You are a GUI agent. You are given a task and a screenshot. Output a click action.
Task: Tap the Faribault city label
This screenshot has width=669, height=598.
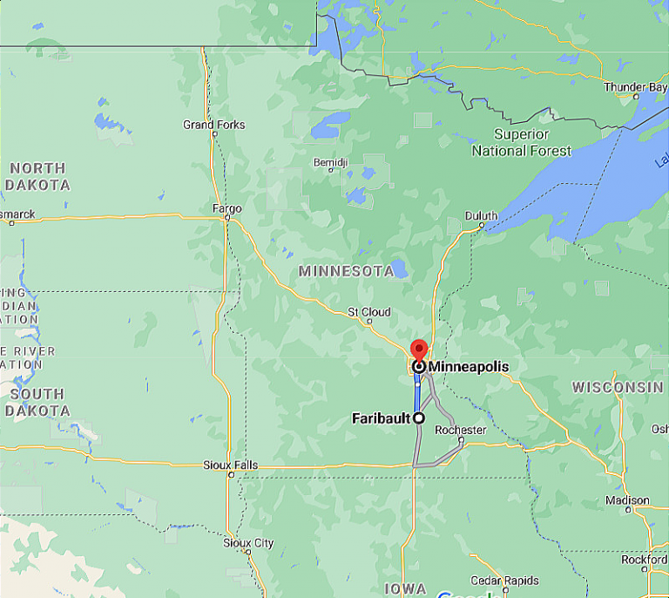coord(381,418)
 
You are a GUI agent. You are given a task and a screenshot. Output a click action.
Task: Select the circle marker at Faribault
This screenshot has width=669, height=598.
coord(419,418)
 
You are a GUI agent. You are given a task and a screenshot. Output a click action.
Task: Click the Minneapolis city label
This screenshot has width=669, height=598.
coord(468,367)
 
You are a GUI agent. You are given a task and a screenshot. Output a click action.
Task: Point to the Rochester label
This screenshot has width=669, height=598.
coord(460,430)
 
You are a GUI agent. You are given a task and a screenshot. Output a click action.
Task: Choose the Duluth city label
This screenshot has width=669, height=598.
coord(481,215)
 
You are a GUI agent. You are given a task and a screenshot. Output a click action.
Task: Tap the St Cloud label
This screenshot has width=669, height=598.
coord(368,312)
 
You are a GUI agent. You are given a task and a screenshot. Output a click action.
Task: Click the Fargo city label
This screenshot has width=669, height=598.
coord(226,208)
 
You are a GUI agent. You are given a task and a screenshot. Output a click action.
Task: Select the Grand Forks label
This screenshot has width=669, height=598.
coord(213,125)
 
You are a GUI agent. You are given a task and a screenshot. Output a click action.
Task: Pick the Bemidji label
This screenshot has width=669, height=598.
coord(330,163)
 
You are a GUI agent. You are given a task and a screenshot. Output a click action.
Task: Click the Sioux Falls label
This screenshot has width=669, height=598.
coord(230,465)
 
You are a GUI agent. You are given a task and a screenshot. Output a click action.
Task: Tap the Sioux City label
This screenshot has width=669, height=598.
coord(248,543)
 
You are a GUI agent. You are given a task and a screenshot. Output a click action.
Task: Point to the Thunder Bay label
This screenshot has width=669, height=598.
coord(636,87)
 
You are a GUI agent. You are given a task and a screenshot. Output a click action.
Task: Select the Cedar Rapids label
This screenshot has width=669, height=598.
coord(504,581)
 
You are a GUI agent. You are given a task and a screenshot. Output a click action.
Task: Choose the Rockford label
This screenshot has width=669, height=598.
coord(645,560)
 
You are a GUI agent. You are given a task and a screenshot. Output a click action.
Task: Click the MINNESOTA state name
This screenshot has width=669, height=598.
coord(346,271)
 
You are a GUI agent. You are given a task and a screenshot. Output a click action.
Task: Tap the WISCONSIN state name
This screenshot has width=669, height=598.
coord(618,386)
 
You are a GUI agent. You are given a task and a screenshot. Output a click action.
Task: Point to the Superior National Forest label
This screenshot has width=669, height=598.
coord(522,142)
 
